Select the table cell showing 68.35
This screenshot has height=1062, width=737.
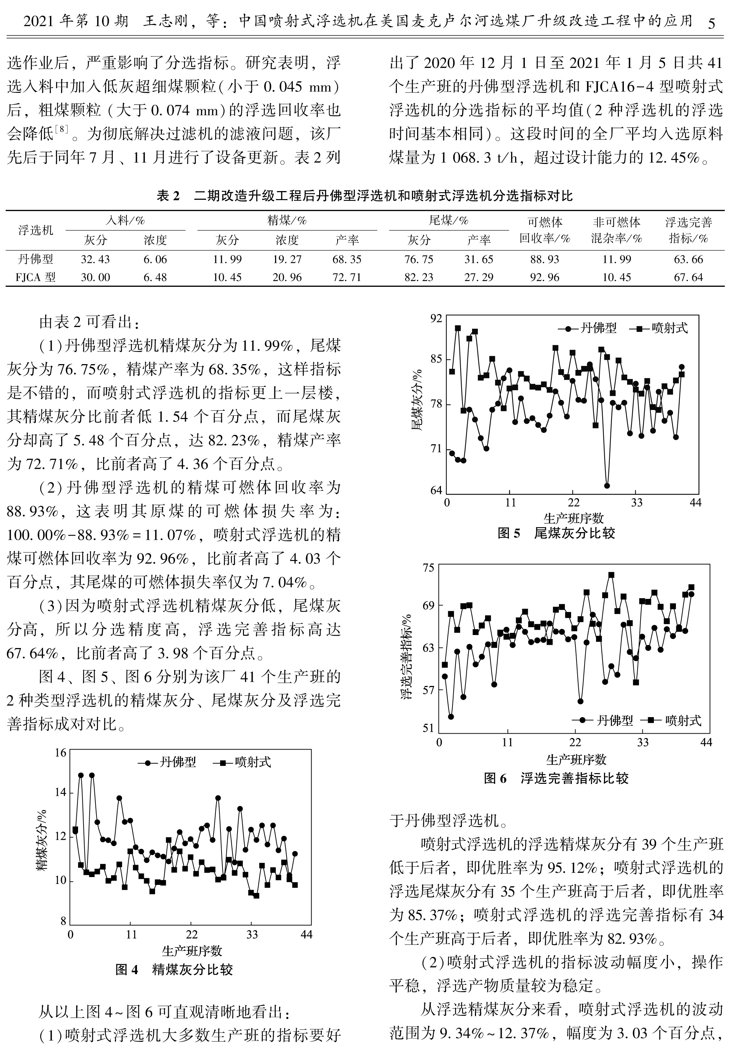347,259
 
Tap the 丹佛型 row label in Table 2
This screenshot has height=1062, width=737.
35,259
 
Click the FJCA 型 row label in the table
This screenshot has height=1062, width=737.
35,277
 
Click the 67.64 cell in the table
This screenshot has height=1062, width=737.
688,277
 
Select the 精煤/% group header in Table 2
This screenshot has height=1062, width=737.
287,221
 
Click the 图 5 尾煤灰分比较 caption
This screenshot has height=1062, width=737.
556,534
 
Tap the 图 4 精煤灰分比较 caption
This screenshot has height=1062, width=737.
174,969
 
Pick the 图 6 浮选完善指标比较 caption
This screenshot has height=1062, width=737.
556,778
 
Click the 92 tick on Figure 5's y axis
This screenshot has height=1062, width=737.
436,319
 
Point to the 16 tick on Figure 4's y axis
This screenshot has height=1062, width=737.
60,753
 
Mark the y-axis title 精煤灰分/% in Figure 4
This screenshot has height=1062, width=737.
42,840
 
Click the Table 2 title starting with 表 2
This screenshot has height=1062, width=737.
364,196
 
